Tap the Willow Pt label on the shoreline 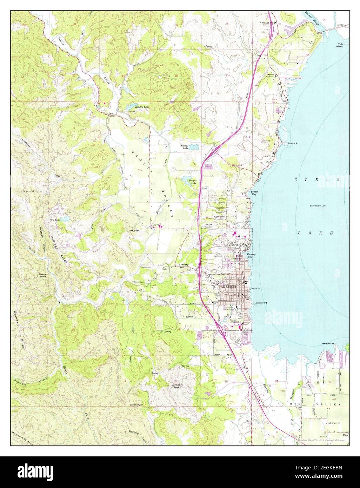pos(261,302)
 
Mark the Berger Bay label pos(254,193)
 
